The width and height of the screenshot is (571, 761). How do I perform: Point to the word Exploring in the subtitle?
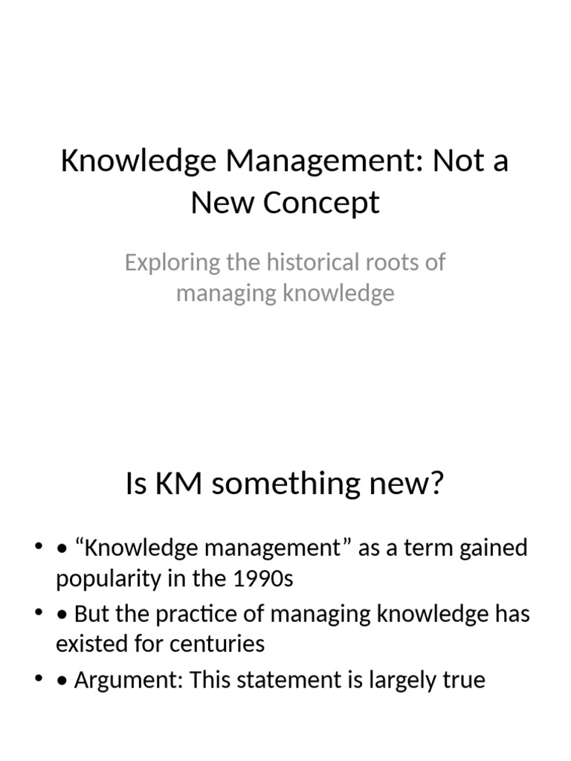click(x=163, y=263)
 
